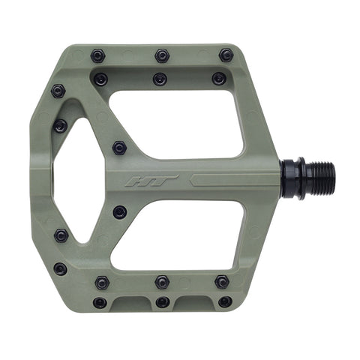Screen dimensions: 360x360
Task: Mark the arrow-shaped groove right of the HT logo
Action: click(x=225, y=180)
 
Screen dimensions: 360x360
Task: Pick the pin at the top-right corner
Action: click(x=226, y=55)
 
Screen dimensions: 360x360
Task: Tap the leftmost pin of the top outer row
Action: click(x=97, y=55)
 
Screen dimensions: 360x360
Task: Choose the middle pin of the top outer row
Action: click(x=162, y=55)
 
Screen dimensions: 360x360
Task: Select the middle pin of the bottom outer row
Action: click(x=162, y=302)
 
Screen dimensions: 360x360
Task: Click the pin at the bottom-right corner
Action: click(x=225, y=302)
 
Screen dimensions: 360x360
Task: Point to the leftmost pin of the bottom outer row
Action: click(x=99, y=302)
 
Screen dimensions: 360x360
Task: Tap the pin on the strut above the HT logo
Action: click(x=119, y=148)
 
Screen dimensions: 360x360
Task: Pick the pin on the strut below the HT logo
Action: click(x=119, y=212)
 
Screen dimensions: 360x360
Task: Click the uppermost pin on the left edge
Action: click(x=58, y=91)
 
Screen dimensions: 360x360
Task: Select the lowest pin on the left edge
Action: click(x=60, y=268)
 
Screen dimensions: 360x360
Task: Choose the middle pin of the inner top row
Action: click(x=159, y=78)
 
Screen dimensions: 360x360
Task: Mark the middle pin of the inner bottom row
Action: click(x=162, y=282)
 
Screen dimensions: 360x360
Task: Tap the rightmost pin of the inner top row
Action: click(x=218, y=78)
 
